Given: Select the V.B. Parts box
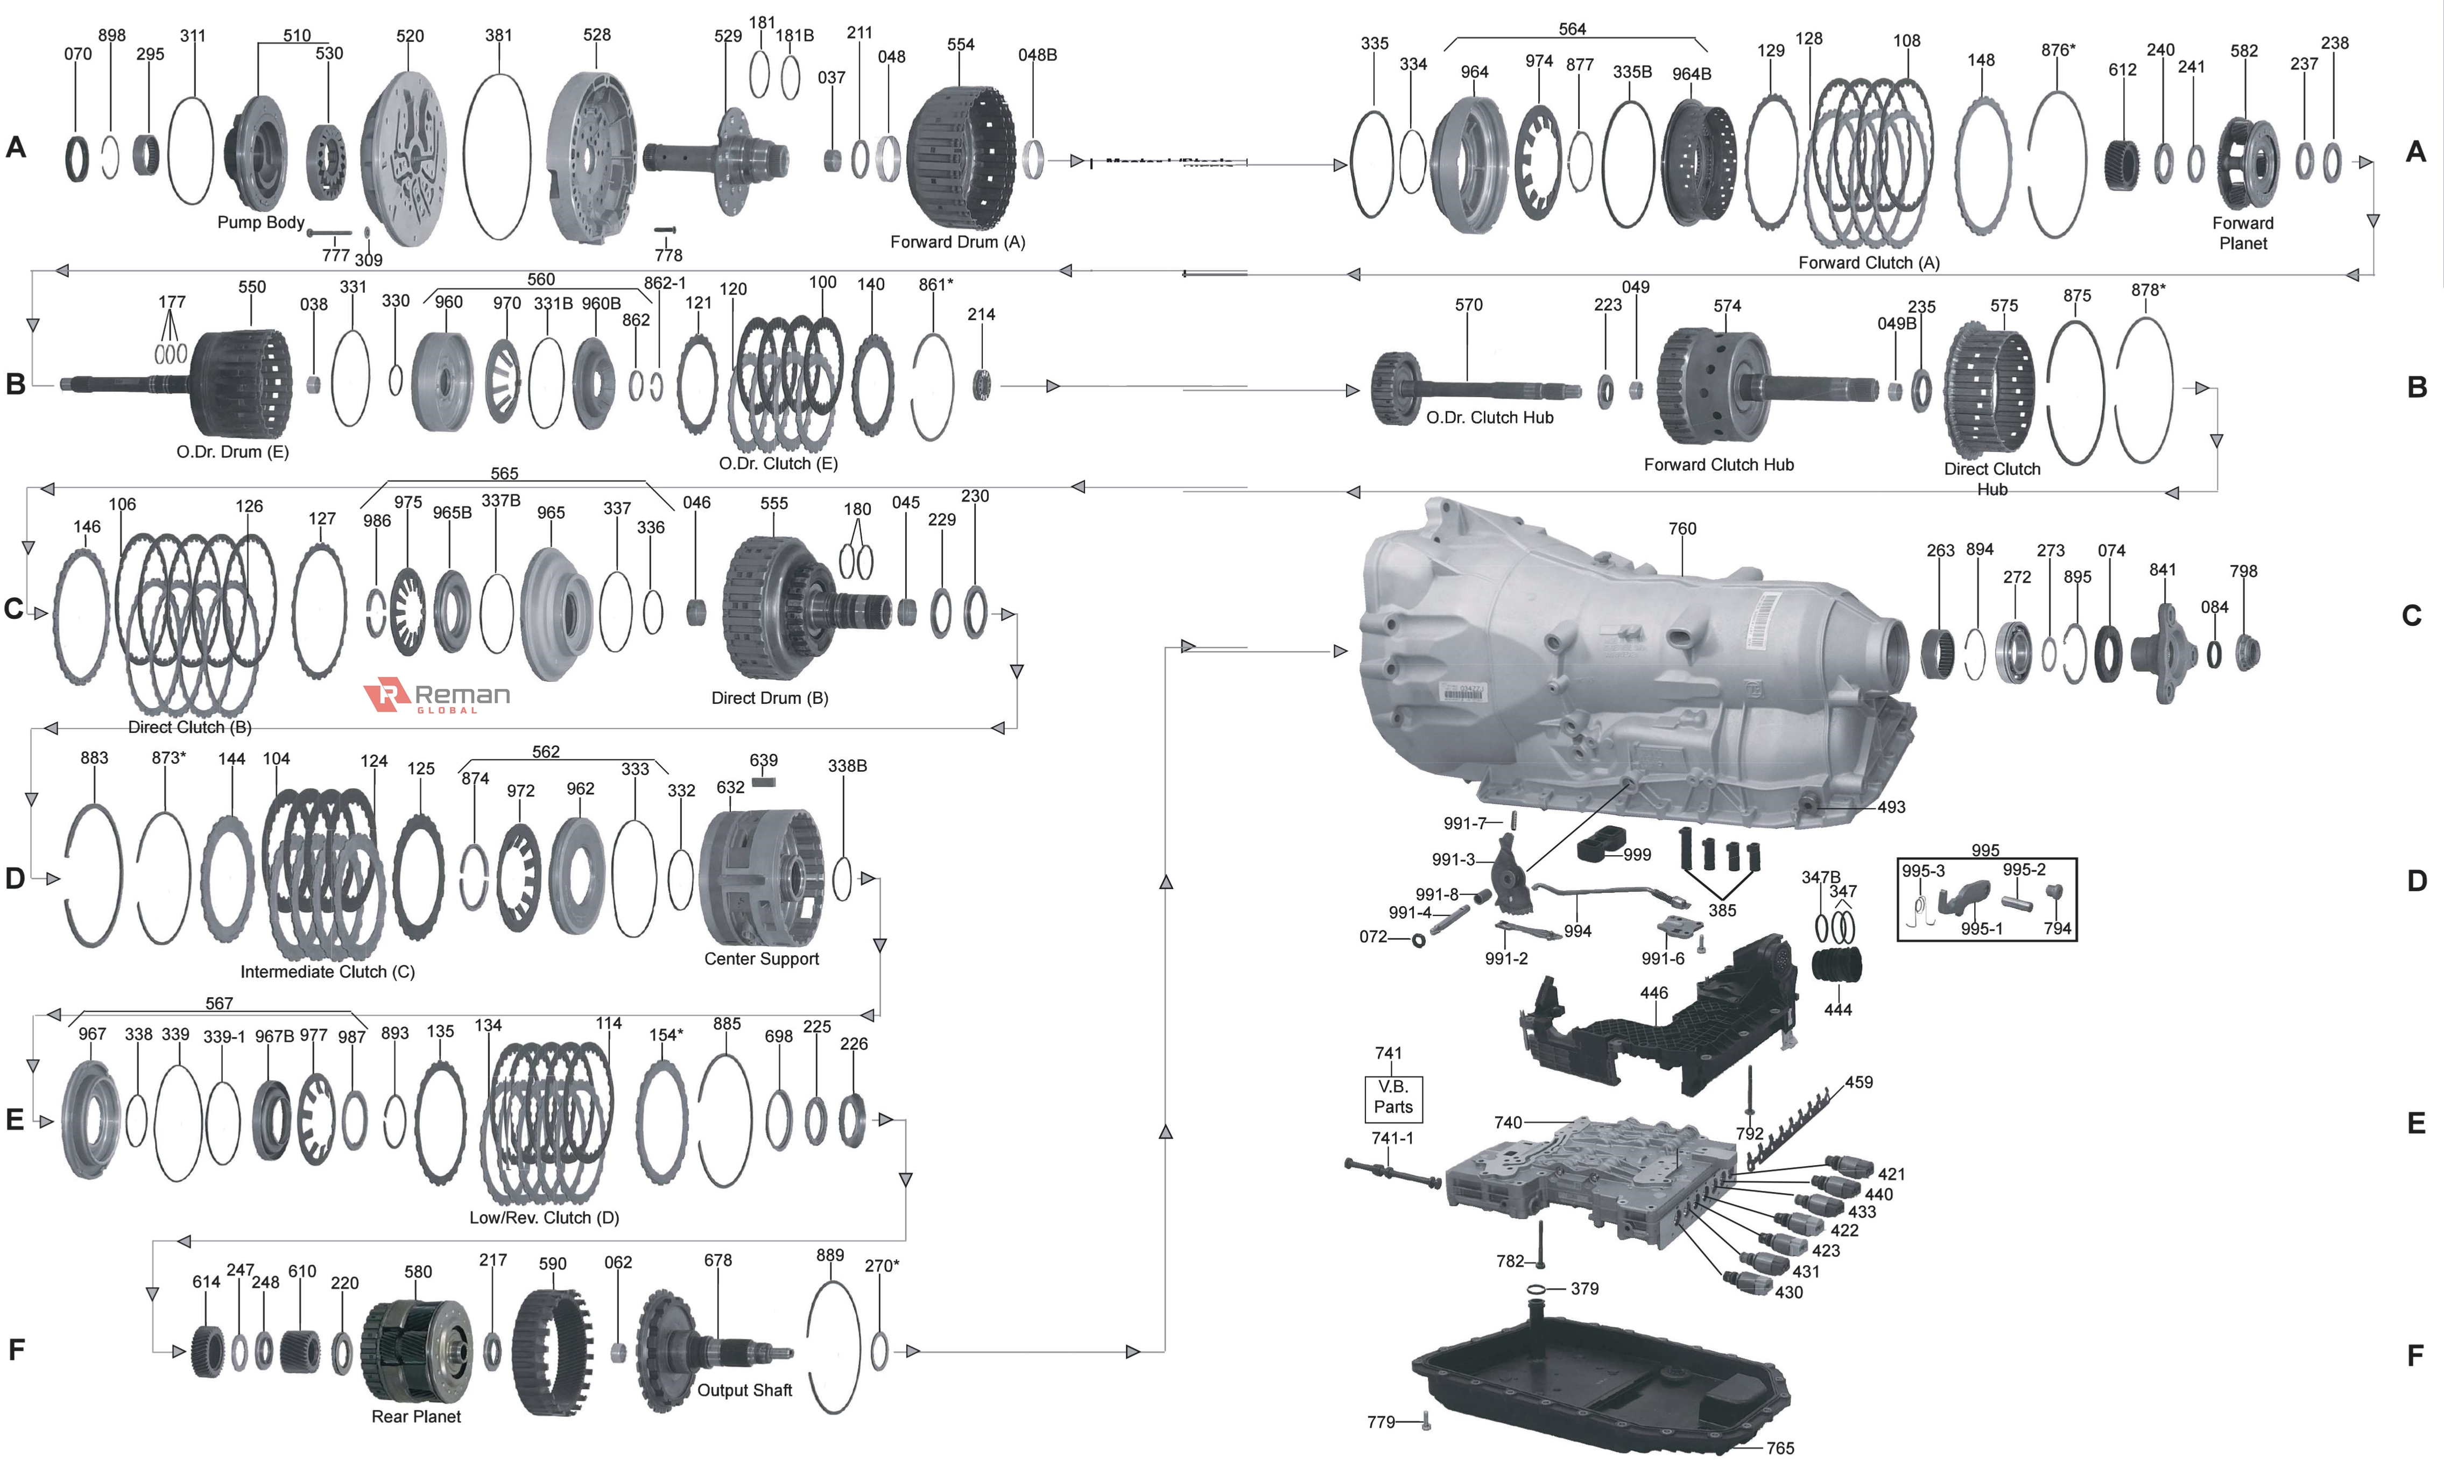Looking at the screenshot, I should tap(1393, 1097).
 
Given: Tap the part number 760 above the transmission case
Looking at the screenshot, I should tap(1682, 529).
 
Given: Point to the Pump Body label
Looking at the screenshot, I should tap(261, 222).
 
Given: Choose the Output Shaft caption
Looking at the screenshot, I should tap(744, 1390).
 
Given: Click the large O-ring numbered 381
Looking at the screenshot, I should tap(497, 156).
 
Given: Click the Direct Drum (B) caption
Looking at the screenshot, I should tap(769, 698).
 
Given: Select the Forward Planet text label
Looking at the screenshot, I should tap(2242, 234).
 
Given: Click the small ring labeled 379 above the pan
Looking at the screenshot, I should tap(1537, 1289).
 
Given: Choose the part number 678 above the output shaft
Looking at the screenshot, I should tap(718, 1260).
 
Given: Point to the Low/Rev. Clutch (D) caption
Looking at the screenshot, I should tap(544, 1218).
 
